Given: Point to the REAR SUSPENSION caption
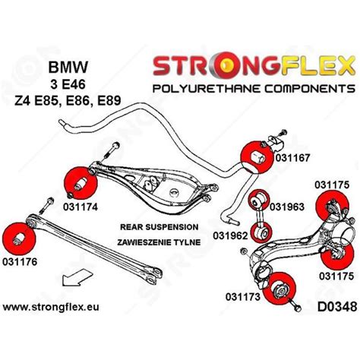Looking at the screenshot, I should (159, 226).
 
